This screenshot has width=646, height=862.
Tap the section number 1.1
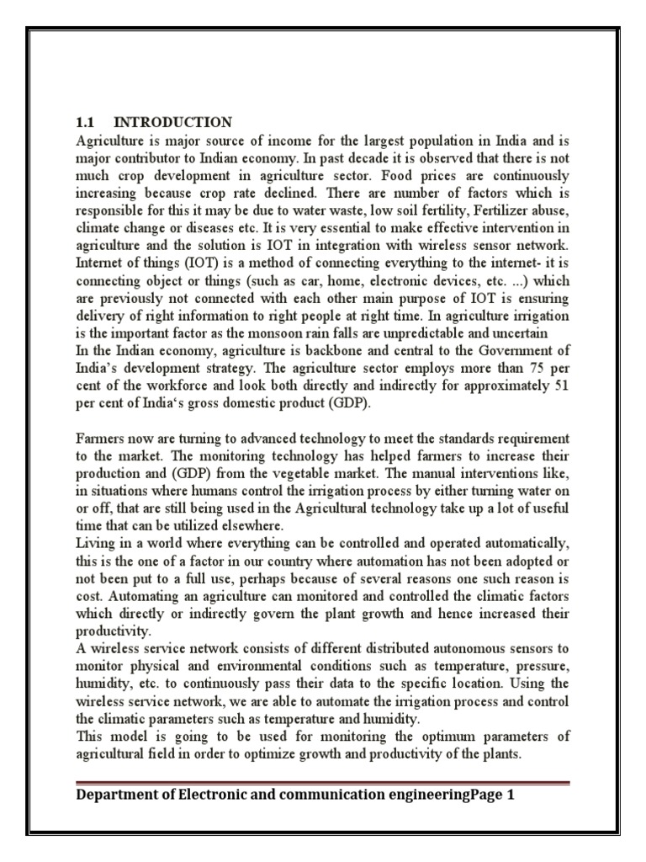click(x=86, y=122)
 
